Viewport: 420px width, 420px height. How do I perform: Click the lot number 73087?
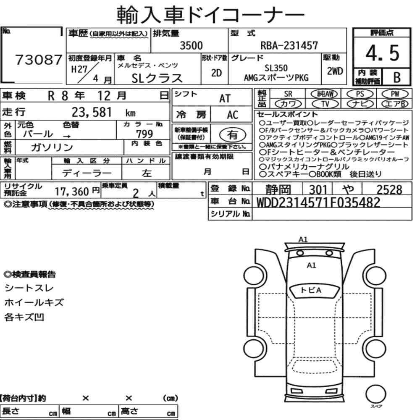point(39,60)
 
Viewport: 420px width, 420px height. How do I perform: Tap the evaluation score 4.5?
point(382,53)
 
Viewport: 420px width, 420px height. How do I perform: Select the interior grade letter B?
point(397,77)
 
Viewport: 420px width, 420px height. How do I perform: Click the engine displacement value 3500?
point(191,45)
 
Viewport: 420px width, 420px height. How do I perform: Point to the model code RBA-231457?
point(289,45)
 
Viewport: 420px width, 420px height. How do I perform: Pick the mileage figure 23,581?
point(92,112)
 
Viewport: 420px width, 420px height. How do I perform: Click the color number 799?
point(144,134)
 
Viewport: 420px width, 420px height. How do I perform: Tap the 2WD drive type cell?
point(335,71)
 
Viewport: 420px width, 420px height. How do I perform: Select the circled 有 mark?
point(233,135)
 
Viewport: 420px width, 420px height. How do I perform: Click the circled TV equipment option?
point(325,104)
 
